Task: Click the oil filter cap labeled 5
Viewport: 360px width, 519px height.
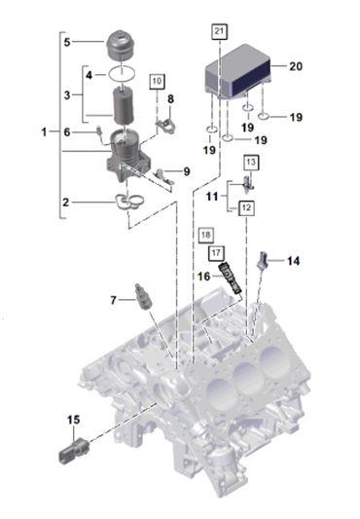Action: point(120,45)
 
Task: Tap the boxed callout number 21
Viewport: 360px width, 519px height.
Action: point(219,31)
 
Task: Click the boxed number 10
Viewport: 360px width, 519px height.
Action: point(157,82)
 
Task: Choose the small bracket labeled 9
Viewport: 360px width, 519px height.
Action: point(164,175)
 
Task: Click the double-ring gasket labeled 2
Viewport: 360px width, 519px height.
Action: point(129,202)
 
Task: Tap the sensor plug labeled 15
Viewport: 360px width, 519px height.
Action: point(74,449)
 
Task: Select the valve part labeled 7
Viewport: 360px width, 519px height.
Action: point(143,297)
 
